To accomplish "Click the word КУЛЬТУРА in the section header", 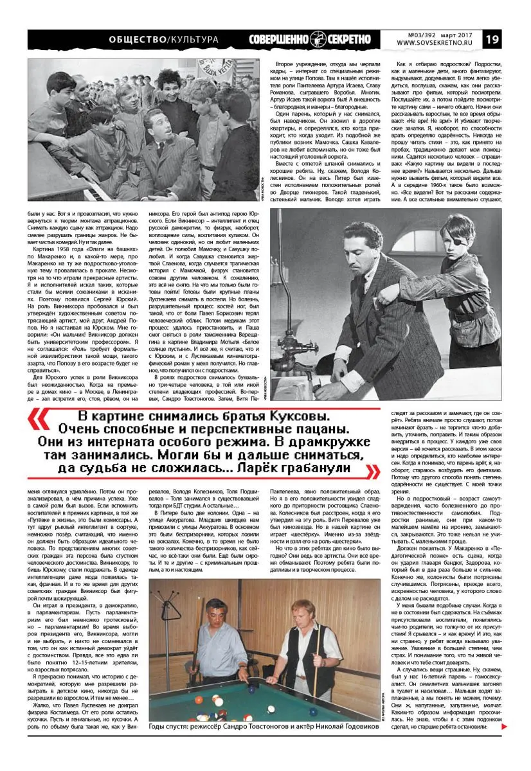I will (x=192, y=40).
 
